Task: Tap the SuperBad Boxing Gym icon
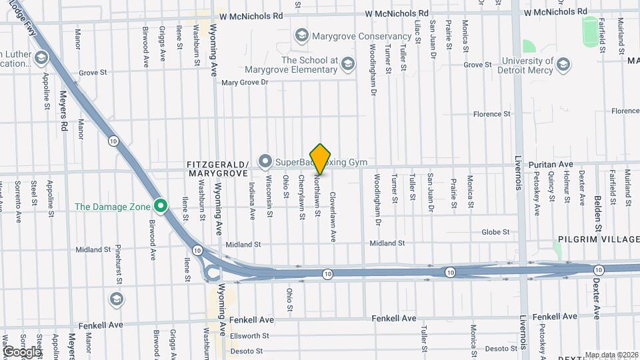(x=265, y=161)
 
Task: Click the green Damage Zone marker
(x=160, y=206)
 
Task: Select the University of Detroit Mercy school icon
(x=563, y=65)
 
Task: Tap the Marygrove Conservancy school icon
(x=301, y=35)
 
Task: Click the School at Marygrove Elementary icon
(x=347, y=65)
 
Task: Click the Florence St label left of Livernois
(x=491, y=114)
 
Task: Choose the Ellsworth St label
(x=248, y=336)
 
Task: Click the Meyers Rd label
(x=65, y=111)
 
